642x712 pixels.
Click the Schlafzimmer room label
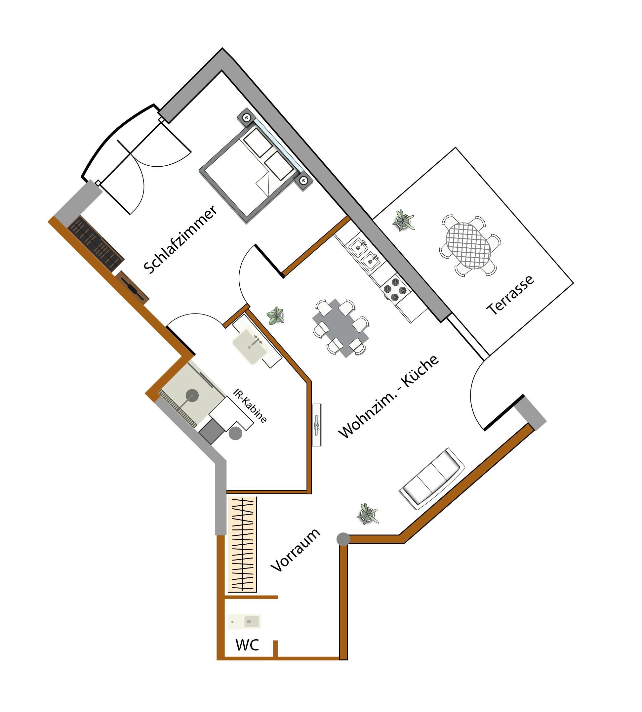180,239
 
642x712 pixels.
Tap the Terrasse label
510,295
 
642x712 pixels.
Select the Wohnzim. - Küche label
388,397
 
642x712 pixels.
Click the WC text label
247,645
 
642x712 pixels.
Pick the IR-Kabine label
250,406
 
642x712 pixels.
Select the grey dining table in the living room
341,328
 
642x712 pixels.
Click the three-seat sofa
432,479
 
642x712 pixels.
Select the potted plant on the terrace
403,220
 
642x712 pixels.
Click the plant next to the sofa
367,514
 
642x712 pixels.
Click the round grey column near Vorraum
343,539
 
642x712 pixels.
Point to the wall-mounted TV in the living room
317,425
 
